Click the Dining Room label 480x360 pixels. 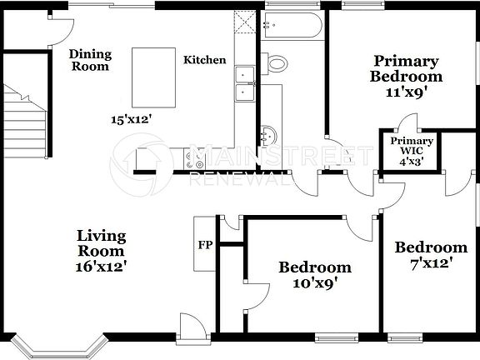[90, 60]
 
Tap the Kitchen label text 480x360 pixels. [204, 60]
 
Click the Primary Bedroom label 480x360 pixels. [406, 68]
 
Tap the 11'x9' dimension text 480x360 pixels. [406, 92]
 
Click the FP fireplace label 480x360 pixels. [204, 246]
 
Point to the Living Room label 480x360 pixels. [101, 243]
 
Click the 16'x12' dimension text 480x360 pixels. [101, 267]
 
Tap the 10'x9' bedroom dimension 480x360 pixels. [314, 282]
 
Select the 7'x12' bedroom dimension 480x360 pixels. [430, 263]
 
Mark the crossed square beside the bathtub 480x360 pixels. [244, 22]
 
